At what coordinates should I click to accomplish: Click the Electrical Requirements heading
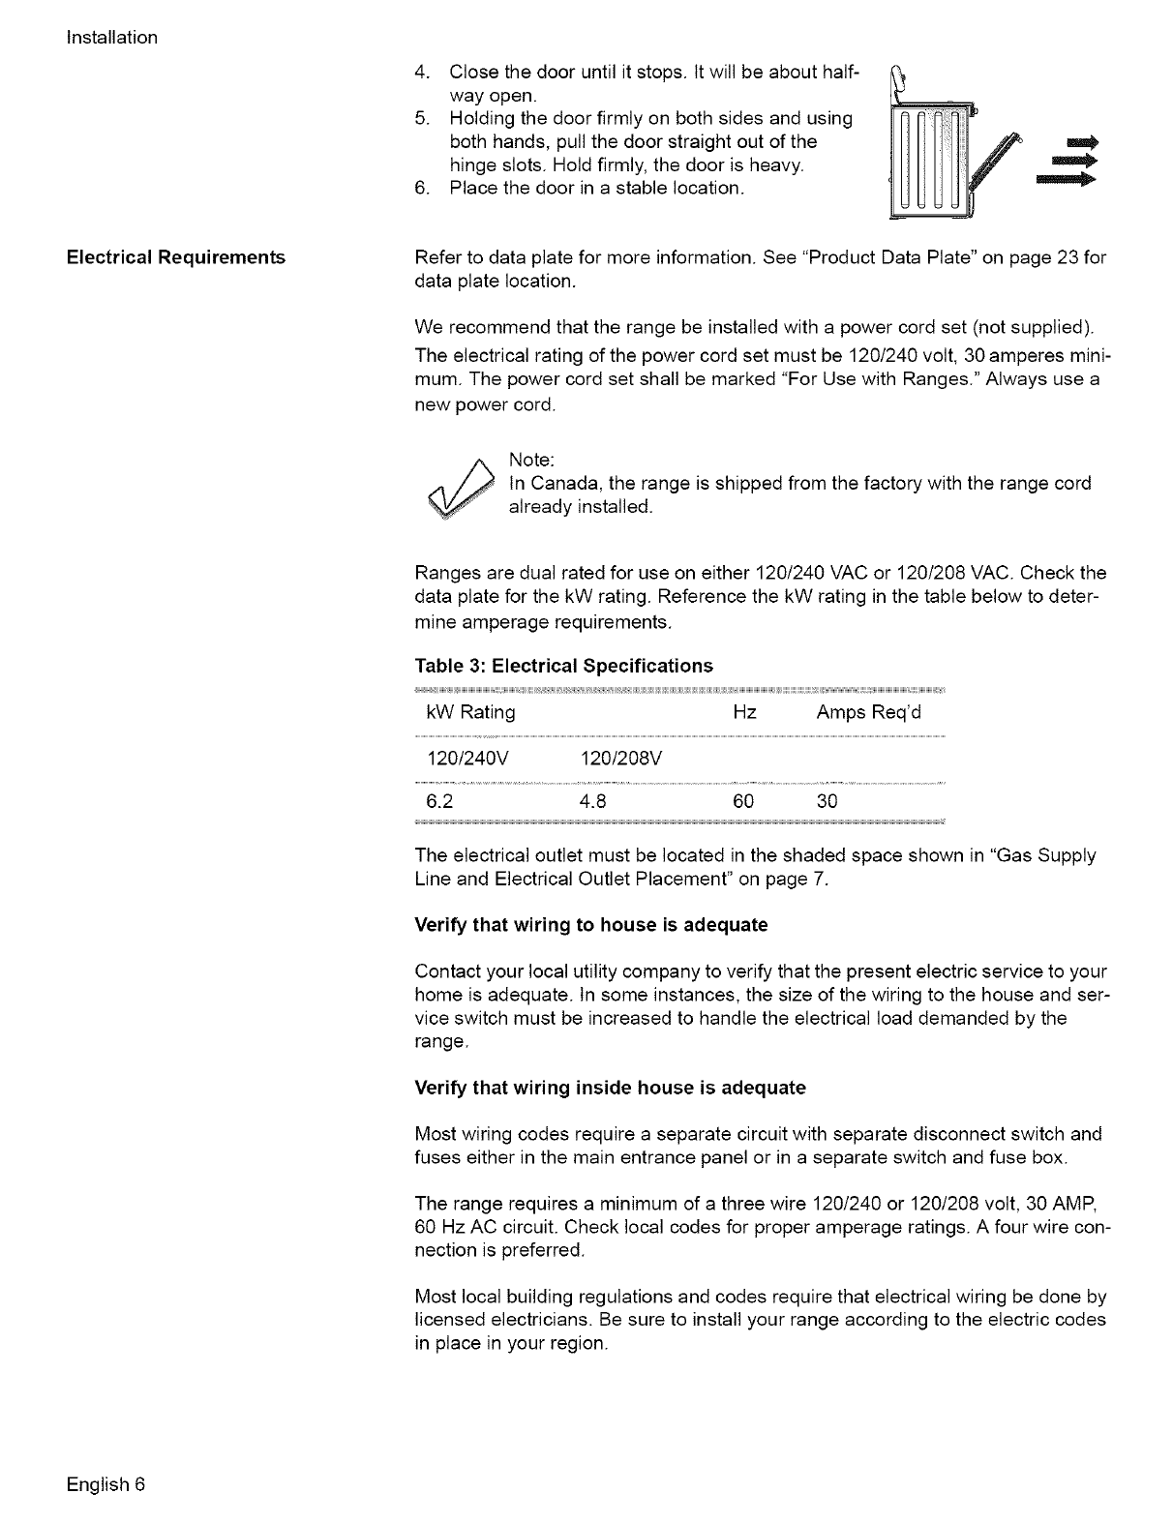(x=175, y=257)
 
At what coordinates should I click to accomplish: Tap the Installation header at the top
(x=112, y=38)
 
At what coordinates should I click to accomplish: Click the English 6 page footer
(x=105, y=1484)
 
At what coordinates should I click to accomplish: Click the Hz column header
(x=744, y=713)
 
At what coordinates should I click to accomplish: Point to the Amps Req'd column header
(x=869, y=713)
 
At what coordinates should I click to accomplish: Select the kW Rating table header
(x=470, y=713)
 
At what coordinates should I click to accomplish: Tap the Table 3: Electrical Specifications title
(x=563, y=666)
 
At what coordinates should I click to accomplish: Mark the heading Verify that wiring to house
(x=590, y=925)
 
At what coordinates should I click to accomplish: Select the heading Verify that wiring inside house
(x=610, y=1088)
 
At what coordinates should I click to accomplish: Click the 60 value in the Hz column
(x=744, y=801)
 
